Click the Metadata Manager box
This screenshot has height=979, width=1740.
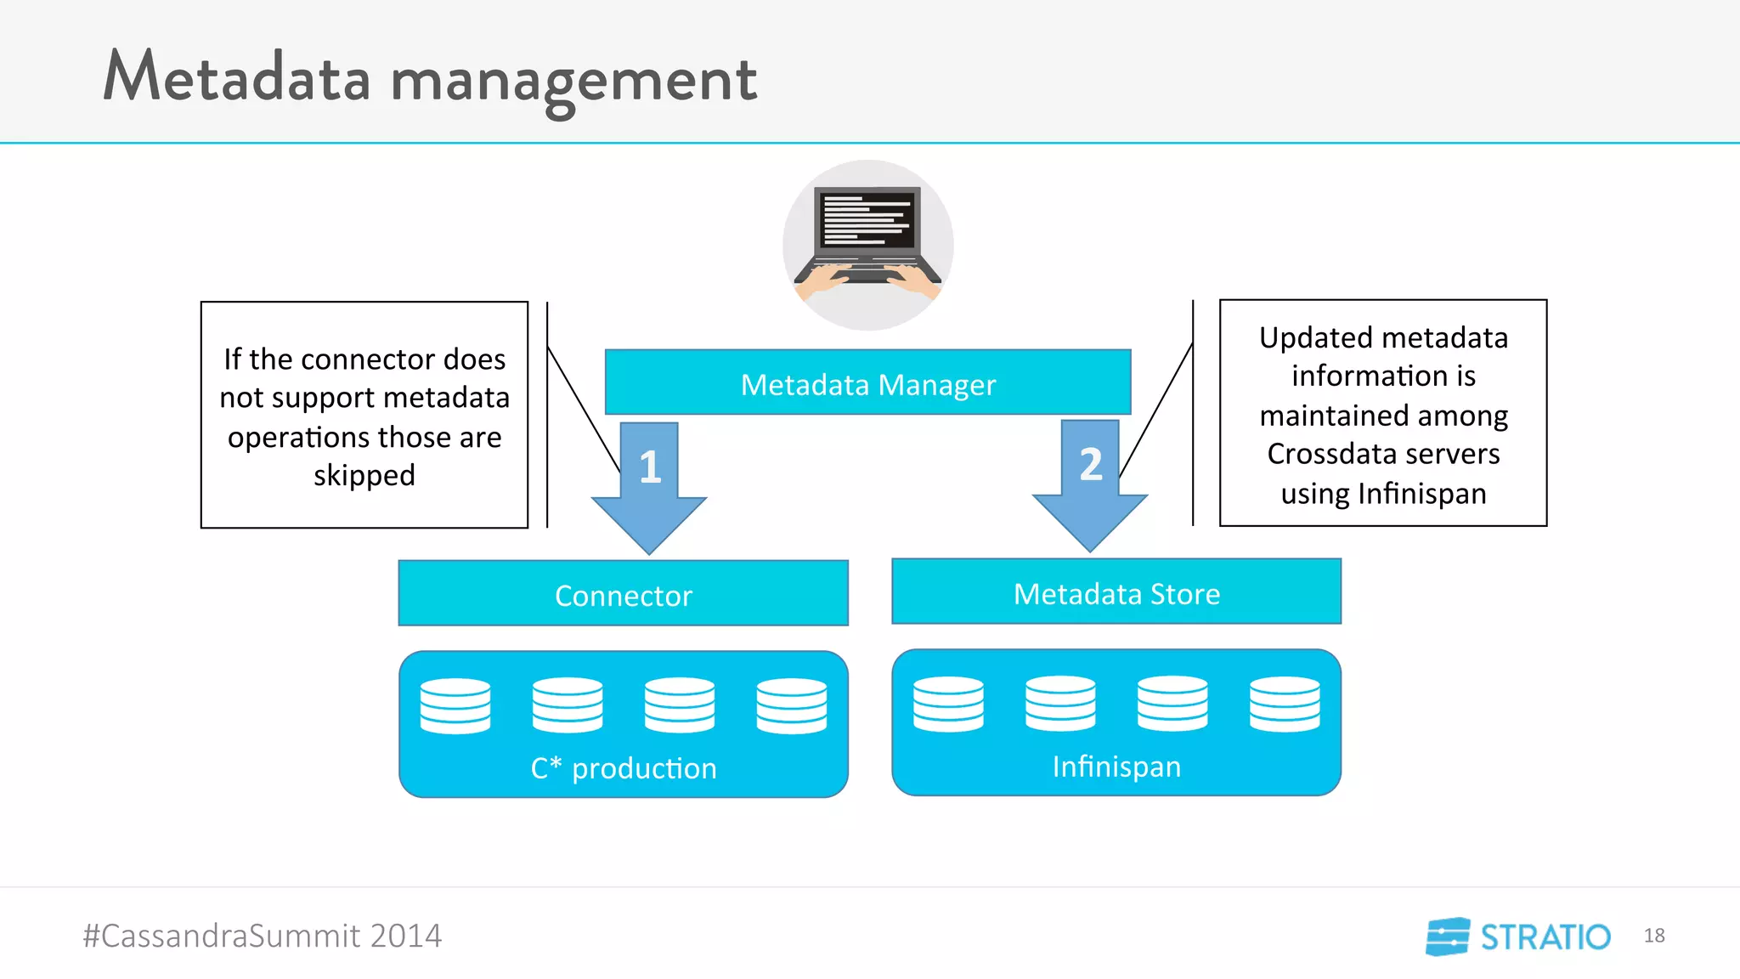867,384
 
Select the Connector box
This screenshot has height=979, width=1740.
623,595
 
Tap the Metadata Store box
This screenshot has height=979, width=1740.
1116,593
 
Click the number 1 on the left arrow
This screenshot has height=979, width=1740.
650,467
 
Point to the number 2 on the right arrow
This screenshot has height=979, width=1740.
1091,464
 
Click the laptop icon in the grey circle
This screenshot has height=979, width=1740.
867,234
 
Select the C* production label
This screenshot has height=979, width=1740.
623,768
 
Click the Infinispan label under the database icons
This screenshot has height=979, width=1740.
1116,767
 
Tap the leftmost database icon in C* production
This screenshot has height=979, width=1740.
455,705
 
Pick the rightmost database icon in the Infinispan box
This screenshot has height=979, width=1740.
1284,704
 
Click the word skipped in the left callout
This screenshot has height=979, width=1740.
364,476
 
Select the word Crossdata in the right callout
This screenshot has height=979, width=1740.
1325,454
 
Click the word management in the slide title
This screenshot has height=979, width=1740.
573,81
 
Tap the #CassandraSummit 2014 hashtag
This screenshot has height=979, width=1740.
262,936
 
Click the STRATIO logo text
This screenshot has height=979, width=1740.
1545,937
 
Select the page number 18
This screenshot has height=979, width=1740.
1653,936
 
